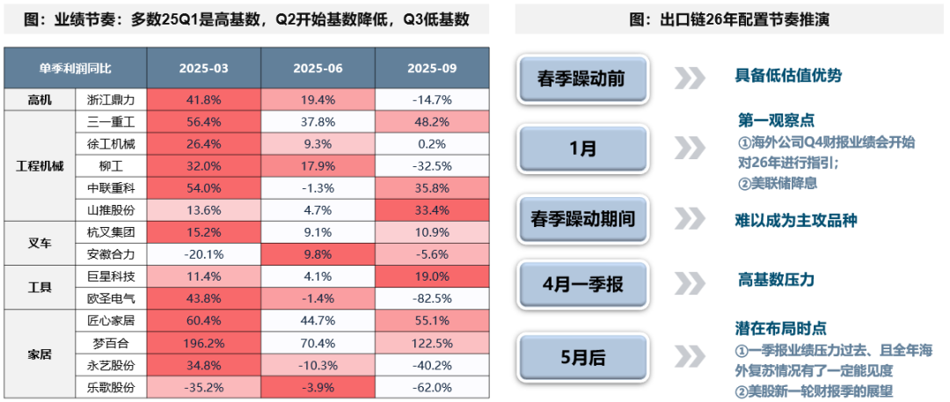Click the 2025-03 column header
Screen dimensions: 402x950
204,67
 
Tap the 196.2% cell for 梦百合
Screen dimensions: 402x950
204,342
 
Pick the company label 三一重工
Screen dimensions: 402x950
112,121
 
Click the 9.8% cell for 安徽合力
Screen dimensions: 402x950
318,253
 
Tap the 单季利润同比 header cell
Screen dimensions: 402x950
76,67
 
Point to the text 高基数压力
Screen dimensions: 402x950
776,280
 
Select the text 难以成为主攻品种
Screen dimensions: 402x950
795,220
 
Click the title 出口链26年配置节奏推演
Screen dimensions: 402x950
730,18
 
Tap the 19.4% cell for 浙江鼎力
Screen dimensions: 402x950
318,99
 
